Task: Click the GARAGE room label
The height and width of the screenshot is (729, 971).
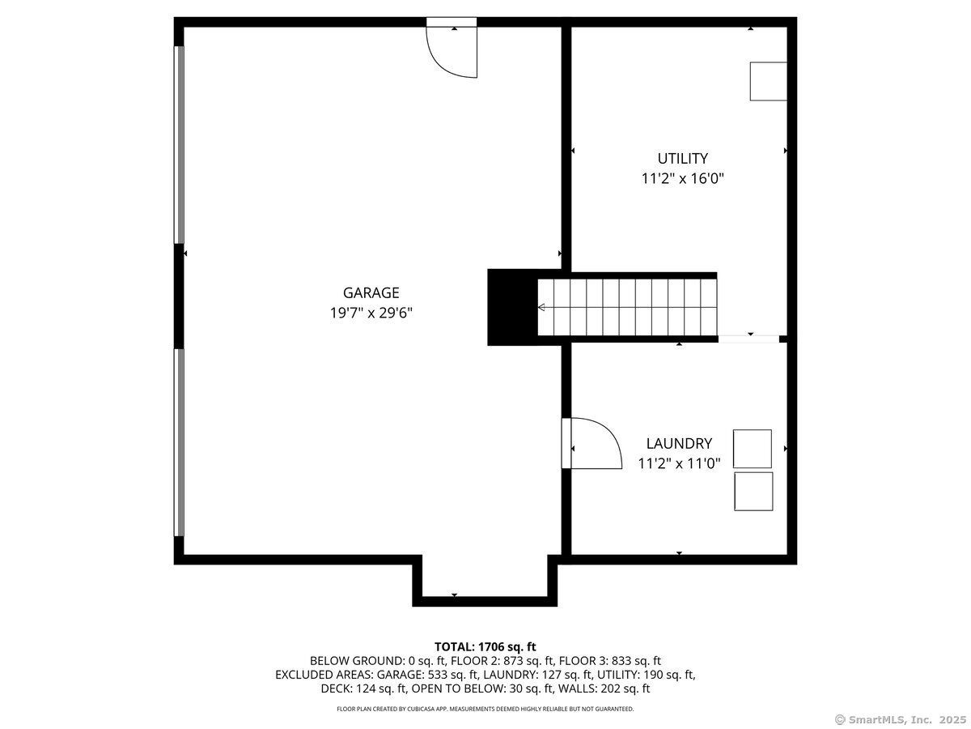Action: pos(371,293)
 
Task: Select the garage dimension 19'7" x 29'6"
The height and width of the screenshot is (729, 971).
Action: pos(371,313)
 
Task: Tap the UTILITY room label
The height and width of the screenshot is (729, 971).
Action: pos(682,159)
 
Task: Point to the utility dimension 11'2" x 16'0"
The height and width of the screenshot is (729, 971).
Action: pos(682,178)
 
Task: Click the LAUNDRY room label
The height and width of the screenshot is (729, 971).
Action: pos(679,443)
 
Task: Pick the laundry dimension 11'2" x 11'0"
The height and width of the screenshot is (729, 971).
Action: pos(679,463)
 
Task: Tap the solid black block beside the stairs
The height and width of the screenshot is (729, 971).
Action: pos(512,308)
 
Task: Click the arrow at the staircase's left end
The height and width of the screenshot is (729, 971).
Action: pos(541,308)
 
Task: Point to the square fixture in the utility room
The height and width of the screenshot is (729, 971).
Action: pos(768,81)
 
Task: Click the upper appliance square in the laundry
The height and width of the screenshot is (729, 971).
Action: pos(753,449)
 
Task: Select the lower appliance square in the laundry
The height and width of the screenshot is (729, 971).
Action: pos(753,492)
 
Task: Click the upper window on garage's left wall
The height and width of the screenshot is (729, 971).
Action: pos(180,144)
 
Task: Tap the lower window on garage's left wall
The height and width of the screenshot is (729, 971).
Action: pos(180,442)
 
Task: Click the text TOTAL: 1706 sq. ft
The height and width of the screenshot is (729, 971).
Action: pos(485,646)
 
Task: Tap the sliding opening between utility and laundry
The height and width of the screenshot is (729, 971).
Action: pos(748,339)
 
